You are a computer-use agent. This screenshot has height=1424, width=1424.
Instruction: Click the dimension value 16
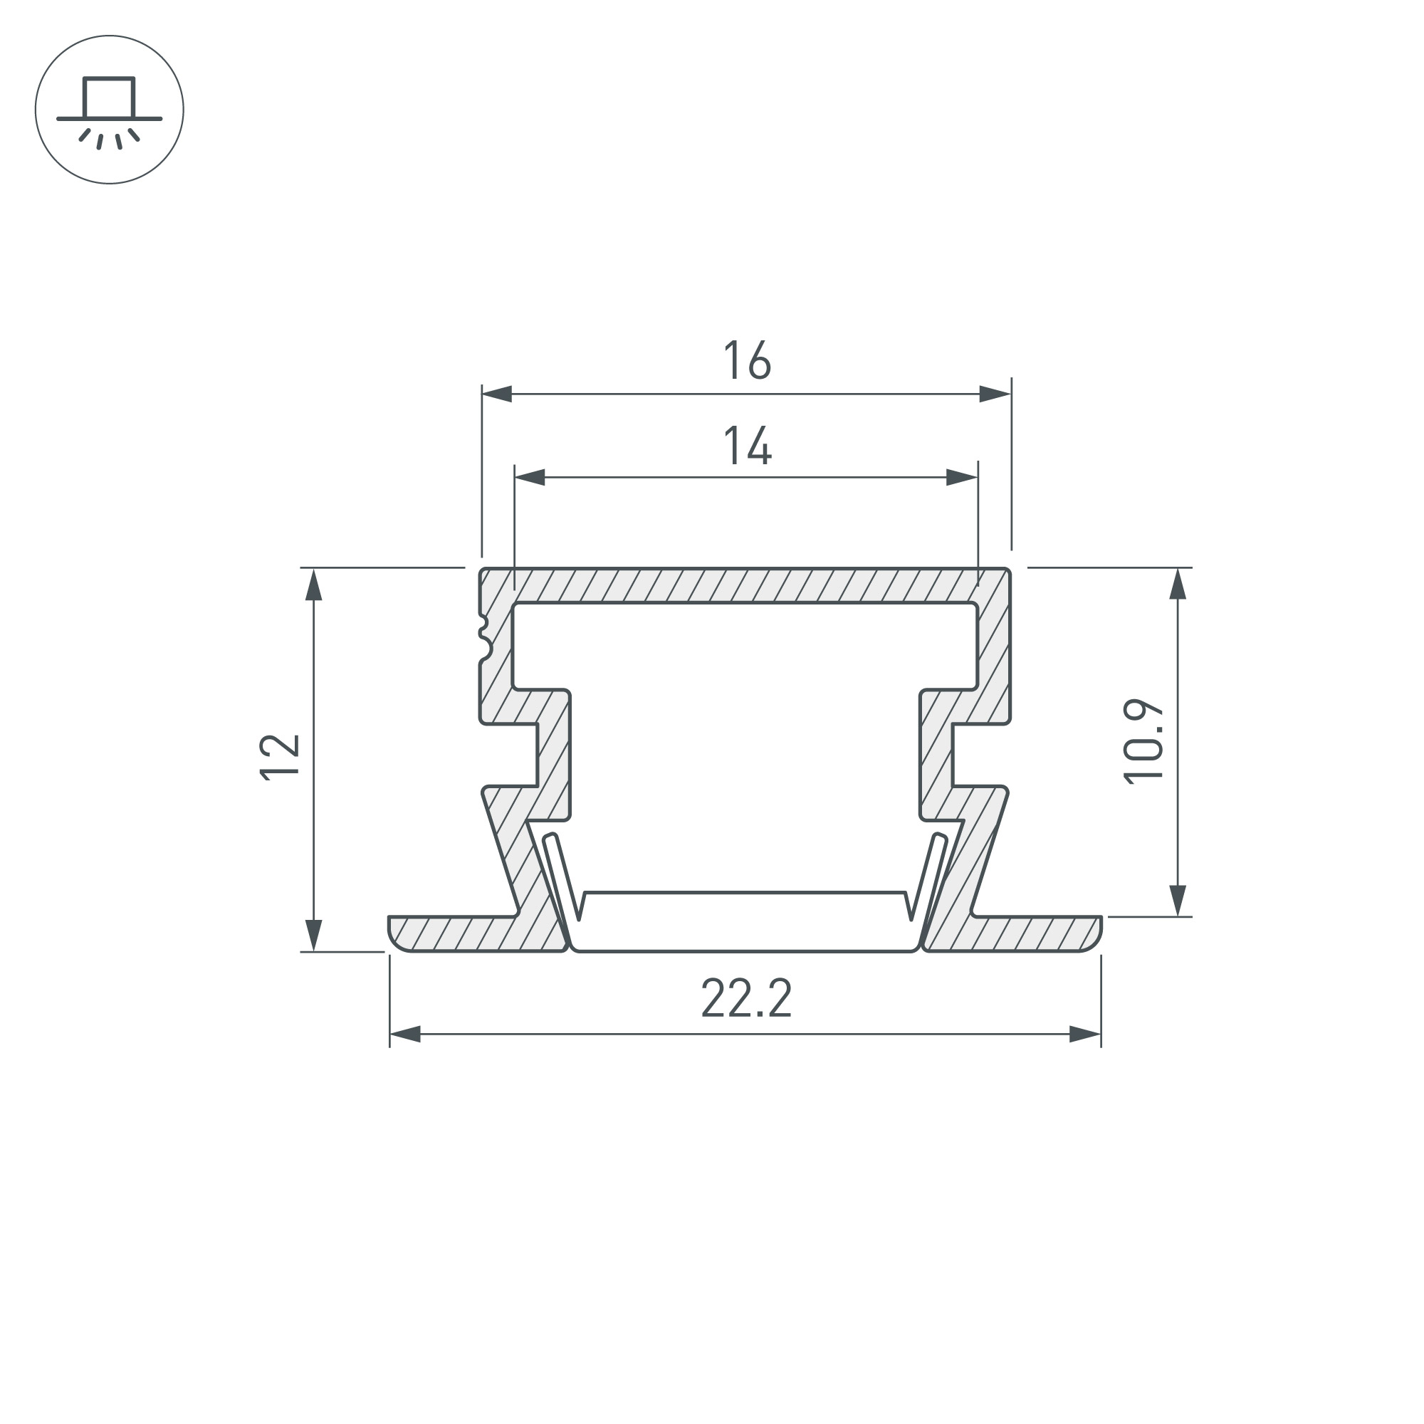[x=747, y=360]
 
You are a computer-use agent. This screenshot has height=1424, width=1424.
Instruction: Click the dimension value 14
[x=747, y=445]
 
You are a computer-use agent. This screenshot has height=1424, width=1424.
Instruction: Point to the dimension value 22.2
[x=747, y=999]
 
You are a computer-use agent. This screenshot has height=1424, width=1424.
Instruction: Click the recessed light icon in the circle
[x=109, y=110]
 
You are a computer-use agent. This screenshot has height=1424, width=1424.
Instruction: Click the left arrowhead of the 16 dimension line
[x=497, y=394]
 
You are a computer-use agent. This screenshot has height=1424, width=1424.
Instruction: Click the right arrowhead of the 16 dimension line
[x=995, y=394]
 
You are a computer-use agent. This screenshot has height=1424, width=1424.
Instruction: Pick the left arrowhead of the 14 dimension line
[x=529, y=478]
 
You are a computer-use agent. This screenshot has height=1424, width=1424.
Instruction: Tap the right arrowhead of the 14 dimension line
[x=962, y=478]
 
